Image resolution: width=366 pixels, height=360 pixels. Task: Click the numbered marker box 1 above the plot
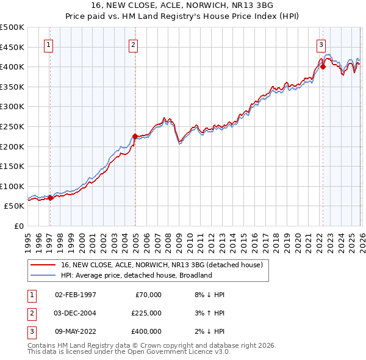pyautogui.click(x=48, y=44)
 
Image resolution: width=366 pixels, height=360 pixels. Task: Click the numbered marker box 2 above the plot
pyautogui.click(x=133, y=44)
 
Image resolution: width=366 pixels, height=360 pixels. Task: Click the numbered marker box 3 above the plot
pyautogui.click(x=321, y=44)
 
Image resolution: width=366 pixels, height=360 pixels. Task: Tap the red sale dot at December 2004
pyautogui.click(x=135, y=136)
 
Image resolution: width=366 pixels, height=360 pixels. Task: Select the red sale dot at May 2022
pyautogui.click(x=323, y=67)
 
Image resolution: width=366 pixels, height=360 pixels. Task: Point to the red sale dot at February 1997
pyautogui.click(x=50, y=198)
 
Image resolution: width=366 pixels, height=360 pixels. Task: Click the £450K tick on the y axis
pyautogui.click(x=12, y=47)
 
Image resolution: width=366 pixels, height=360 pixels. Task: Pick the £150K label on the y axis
pyautogui.click(x=12, y=166)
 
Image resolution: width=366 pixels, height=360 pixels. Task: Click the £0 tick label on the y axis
pyautogui.click(x=18, y=226)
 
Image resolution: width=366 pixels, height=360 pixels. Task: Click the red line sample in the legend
pyautogui.click(x=43, y=265)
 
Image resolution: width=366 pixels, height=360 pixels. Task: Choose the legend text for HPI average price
pyautogui.click(x=136, y=275)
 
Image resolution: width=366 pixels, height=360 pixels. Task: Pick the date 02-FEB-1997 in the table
pyautogui.click(x=76, y=295)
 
